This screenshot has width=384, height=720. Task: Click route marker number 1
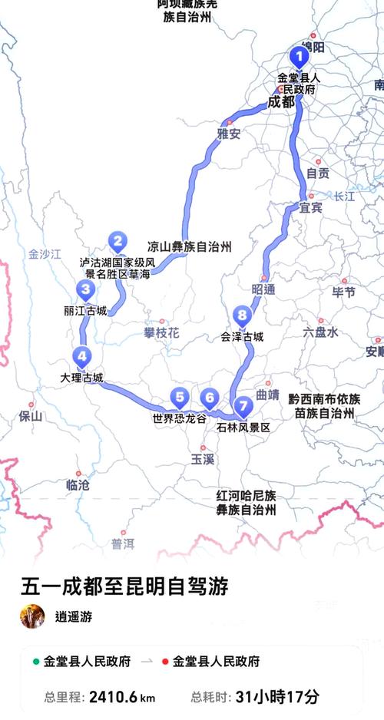pos(299,56)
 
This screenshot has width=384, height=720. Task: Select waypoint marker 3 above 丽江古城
pos(85,290)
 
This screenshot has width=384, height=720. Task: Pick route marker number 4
pos(81,356)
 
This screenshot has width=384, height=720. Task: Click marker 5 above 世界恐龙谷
pos(180,397)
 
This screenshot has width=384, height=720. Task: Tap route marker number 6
pos(209,398)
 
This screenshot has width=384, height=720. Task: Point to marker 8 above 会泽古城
pos(242,315)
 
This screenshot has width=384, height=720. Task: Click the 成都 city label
pos(281,101)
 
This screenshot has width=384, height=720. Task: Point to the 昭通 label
pos(263,289)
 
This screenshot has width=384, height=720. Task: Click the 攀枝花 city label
pos(161,332)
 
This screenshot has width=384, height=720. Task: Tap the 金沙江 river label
pos(44,254)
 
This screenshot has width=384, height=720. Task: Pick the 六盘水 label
pos(320,332)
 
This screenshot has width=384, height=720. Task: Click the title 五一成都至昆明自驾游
pos(124,587)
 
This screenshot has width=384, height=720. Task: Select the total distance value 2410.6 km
pos(122,698)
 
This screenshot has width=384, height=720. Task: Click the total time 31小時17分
pos(279,698)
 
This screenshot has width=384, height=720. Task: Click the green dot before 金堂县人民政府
pos(35,662)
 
